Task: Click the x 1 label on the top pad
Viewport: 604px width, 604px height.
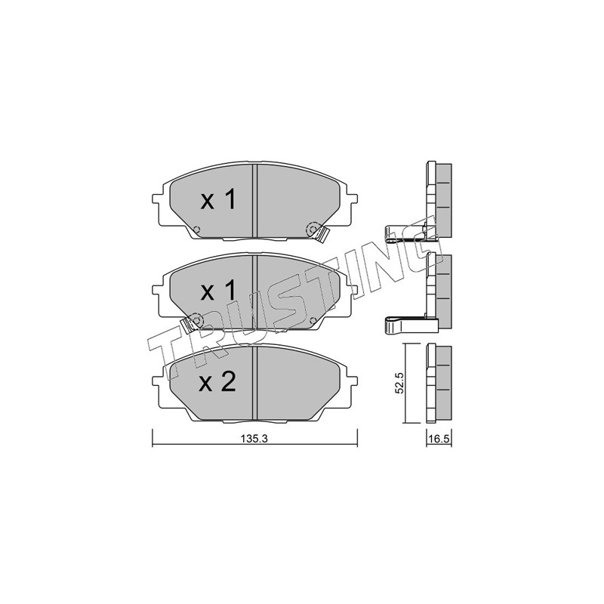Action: click(218, 200)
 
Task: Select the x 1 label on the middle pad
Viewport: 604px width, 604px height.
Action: click(218, 291)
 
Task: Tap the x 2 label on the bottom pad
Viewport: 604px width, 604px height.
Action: click(217, 383)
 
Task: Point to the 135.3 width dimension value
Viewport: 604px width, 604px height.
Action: click(254, 439)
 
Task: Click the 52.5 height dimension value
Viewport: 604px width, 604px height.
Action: click(400, 383)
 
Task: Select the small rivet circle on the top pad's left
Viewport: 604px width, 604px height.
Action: click(196, 230)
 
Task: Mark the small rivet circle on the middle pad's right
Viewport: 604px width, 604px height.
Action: click(313, 320)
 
